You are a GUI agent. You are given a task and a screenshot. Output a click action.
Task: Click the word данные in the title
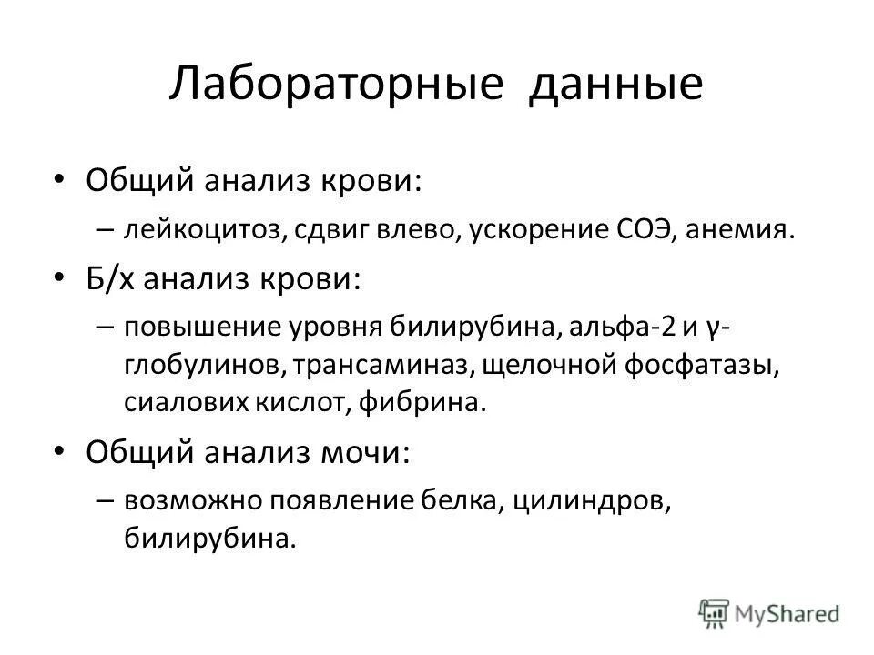617,84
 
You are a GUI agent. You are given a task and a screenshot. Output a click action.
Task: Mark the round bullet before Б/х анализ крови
60,277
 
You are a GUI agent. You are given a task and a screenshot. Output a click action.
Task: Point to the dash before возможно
102,499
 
